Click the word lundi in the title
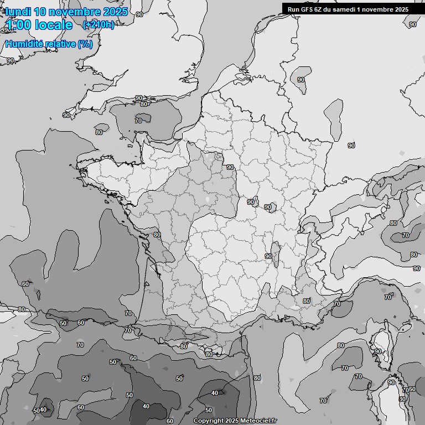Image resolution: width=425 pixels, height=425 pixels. (17, 12)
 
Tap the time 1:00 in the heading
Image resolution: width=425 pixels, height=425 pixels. (18, 25)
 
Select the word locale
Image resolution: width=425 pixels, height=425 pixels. (53, 25)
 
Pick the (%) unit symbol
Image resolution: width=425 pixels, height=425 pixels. (85, 44)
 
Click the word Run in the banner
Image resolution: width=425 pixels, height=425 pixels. (294, 9)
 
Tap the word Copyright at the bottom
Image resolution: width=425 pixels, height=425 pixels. (209, 421)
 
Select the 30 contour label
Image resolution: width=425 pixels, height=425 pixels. (402, 399)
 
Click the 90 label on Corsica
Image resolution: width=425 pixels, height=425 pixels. (378, 351)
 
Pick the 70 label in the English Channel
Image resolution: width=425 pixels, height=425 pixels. (138, 121)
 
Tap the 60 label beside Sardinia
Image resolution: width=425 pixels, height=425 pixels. (412, 390)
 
